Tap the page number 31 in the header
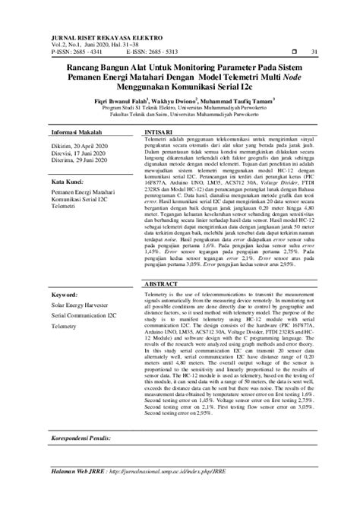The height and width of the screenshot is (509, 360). point(314,52)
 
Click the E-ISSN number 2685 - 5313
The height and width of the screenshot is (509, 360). point(180,52)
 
